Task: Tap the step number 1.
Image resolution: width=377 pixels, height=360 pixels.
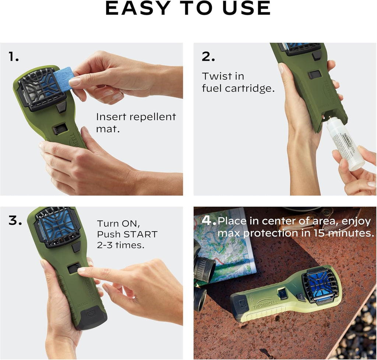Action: tap(14, 57)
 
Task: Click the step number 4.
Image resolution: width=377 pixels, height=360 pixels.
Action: tap(208, 221)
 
